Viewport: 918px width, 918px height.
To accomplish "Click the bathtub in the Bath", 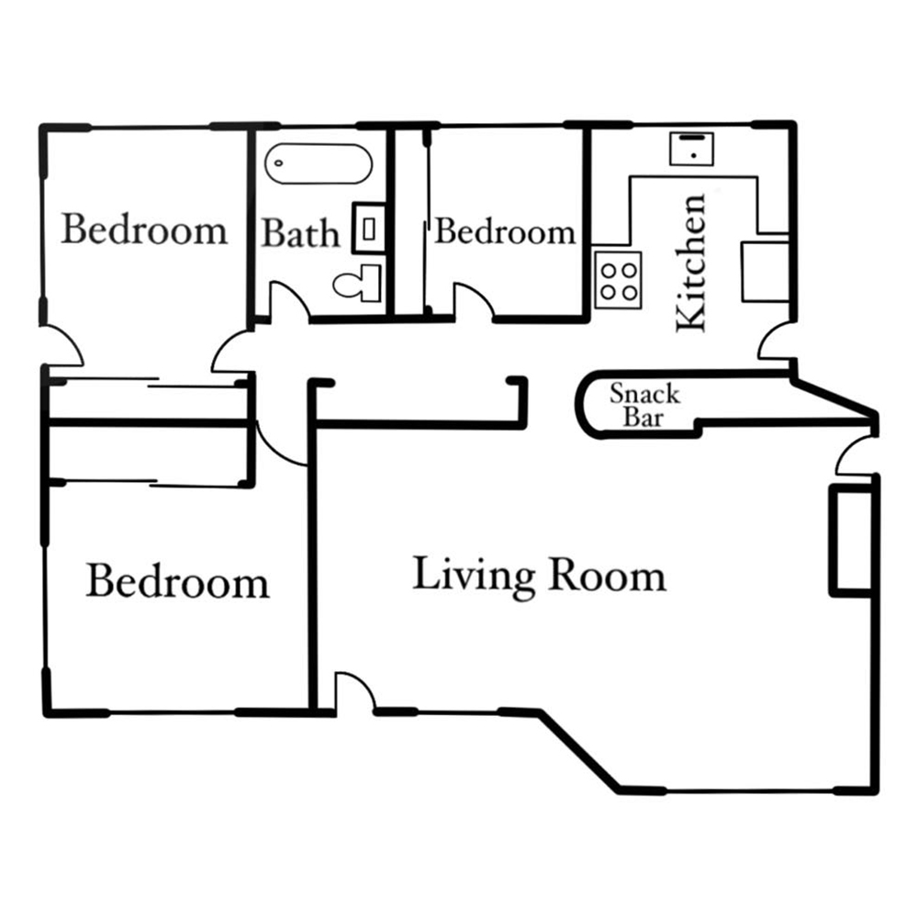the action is click(x=319, y=163).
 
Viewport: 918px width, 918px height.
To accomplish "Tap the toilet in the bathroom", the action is click(x=357, y=284).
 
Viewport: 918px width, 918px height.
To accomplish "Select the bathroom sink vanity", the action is click(x=369, y=229).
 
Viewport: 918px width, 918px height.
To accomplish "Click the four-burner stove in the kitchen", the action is click(x=618, y=280).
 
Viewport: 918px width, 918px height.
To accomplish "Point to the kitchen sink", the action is click(x=691, y=149).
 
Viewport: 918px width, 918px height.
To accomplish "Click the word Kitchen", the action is click(x=691, y=263).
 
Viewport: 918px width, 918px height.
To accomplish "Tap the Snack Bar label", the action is click(x=644, y=405).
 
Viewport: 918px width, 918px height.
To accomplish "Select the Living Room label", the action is click(x=539, y=577).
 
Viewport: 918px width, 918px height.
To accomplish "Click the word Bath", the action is click(x=300, y=233).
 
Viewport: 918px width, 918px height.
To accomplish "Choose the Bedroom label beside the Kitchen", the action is click(x=505, y=231).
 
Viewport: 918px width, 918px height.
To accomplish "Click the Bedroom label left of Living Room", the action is click(x=177, y=580).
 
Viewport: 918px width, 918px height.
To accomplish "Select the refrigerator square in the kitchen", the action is click(x=766, y=272).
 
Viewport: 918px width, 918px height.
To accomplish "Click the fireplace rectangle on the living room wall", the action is click(x=852, y=540).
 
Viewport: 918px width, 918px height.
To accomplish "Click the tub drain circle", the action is click(x=279, y=163).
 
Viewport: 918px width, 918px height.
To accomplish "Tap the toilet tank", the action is click(x=372, y=284).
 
